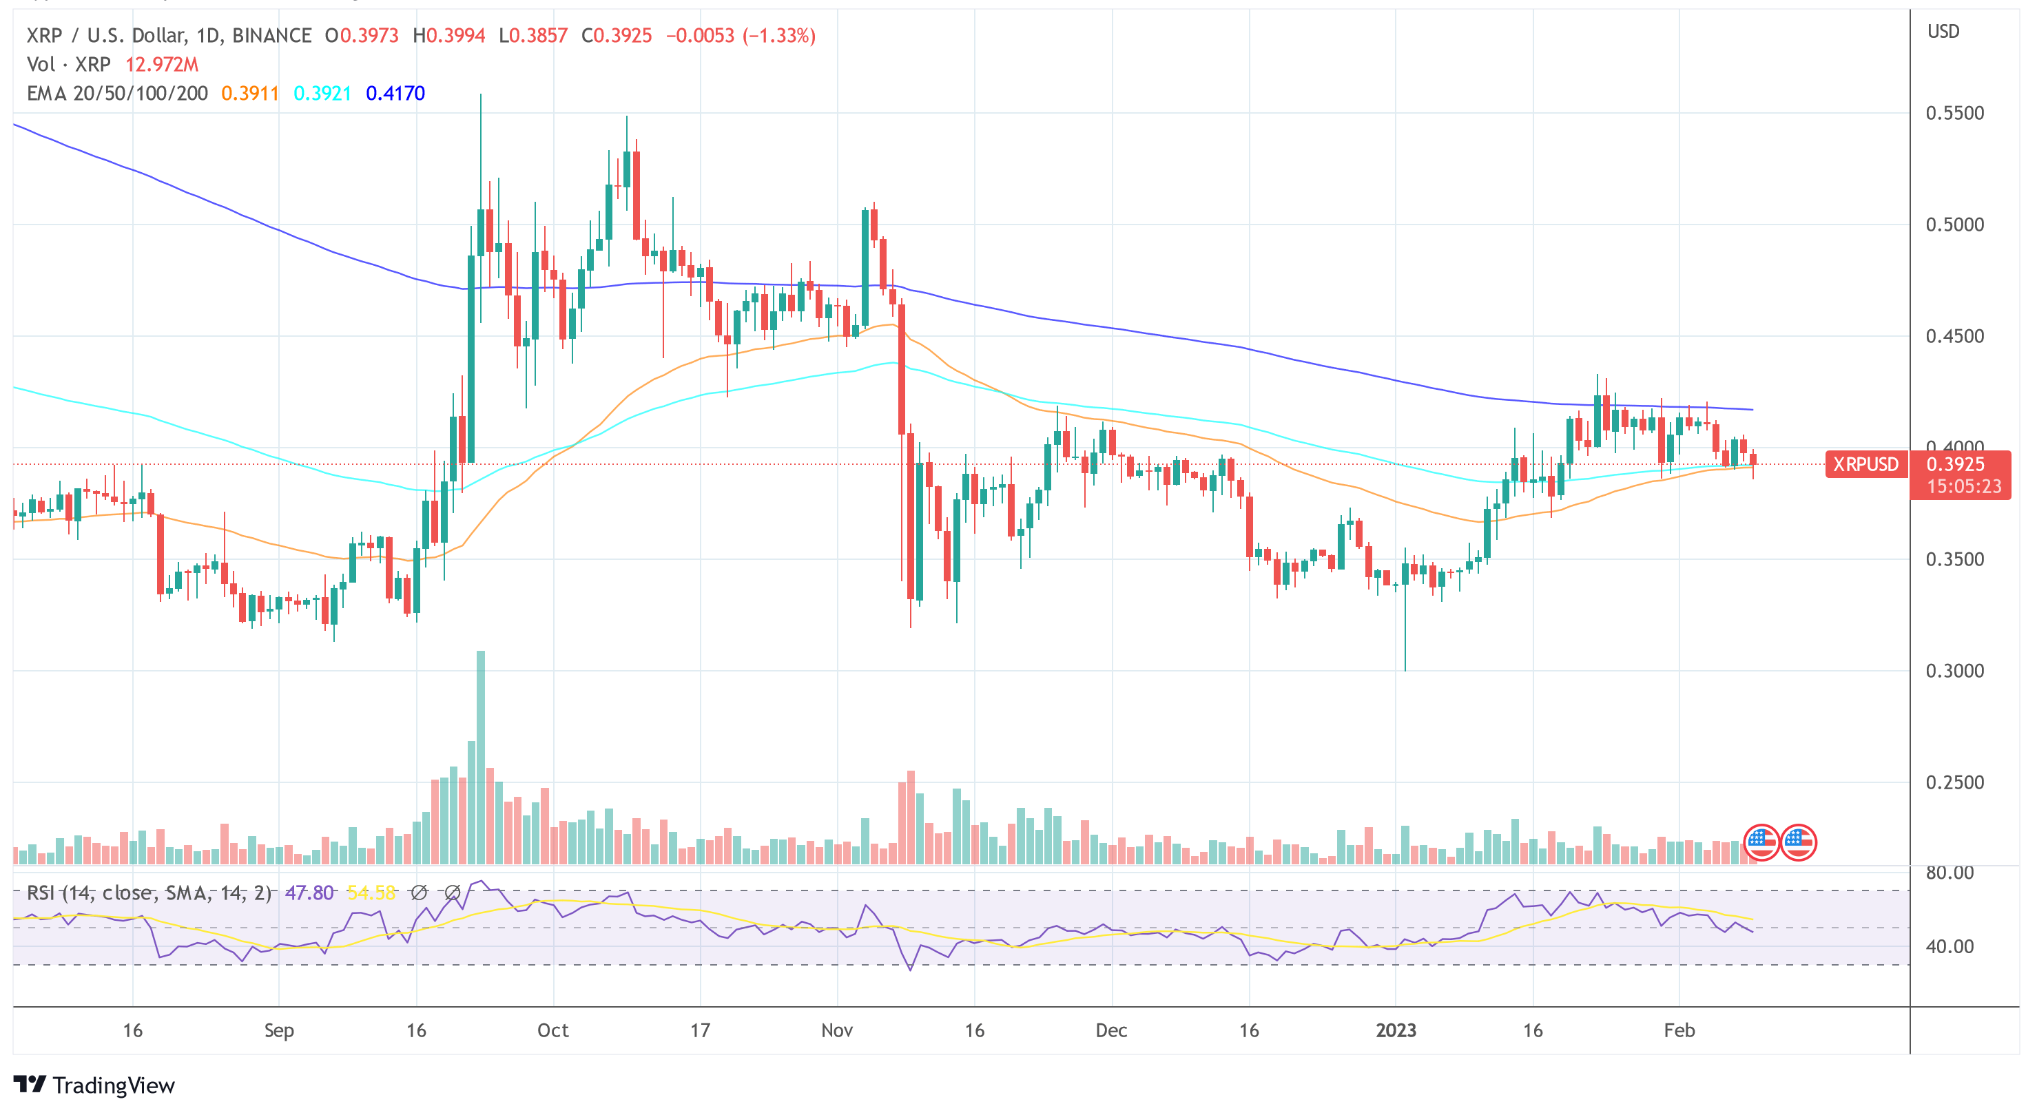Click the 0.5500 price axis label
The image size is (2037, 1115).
(1954, 113)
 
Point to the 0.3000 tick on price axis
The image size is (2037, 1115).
(1954, 671)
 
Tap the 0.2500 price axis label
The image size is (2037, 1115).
(1954, 782)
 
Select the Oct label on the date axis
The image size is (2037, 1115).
(552, 1030)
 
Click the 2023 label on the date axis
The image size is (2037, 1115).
(1396, 1030)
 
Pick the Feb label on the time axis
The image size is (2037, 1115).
(1679, 1030)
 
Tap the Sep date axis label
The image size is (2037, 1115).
(278, 1030)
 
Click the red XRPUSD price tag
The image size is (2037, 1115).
(1865, 464)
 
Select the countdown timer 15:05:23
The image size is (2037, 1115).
(1963, 486)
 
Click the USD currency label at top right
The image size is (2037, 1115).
(1943, 32)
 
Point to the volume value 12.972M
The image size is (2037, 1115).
(161, 64)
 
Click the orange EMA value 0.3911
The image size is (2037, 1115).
(249, 93)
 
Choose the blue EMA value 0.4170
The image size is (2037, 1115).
(395, 93)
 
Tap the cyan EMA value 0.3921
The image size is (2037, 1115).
(322, 93)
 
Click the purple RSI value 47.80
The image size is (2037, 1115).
(309, 893)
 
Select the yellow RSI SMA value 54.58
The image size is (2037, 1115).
(371, 893)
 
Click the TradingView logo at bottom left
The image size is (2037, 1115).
(94, 1084)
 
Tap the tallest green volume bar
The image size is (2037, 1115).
(481, 759)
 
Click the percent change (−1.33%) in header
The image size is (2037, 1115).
(779, 36)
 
